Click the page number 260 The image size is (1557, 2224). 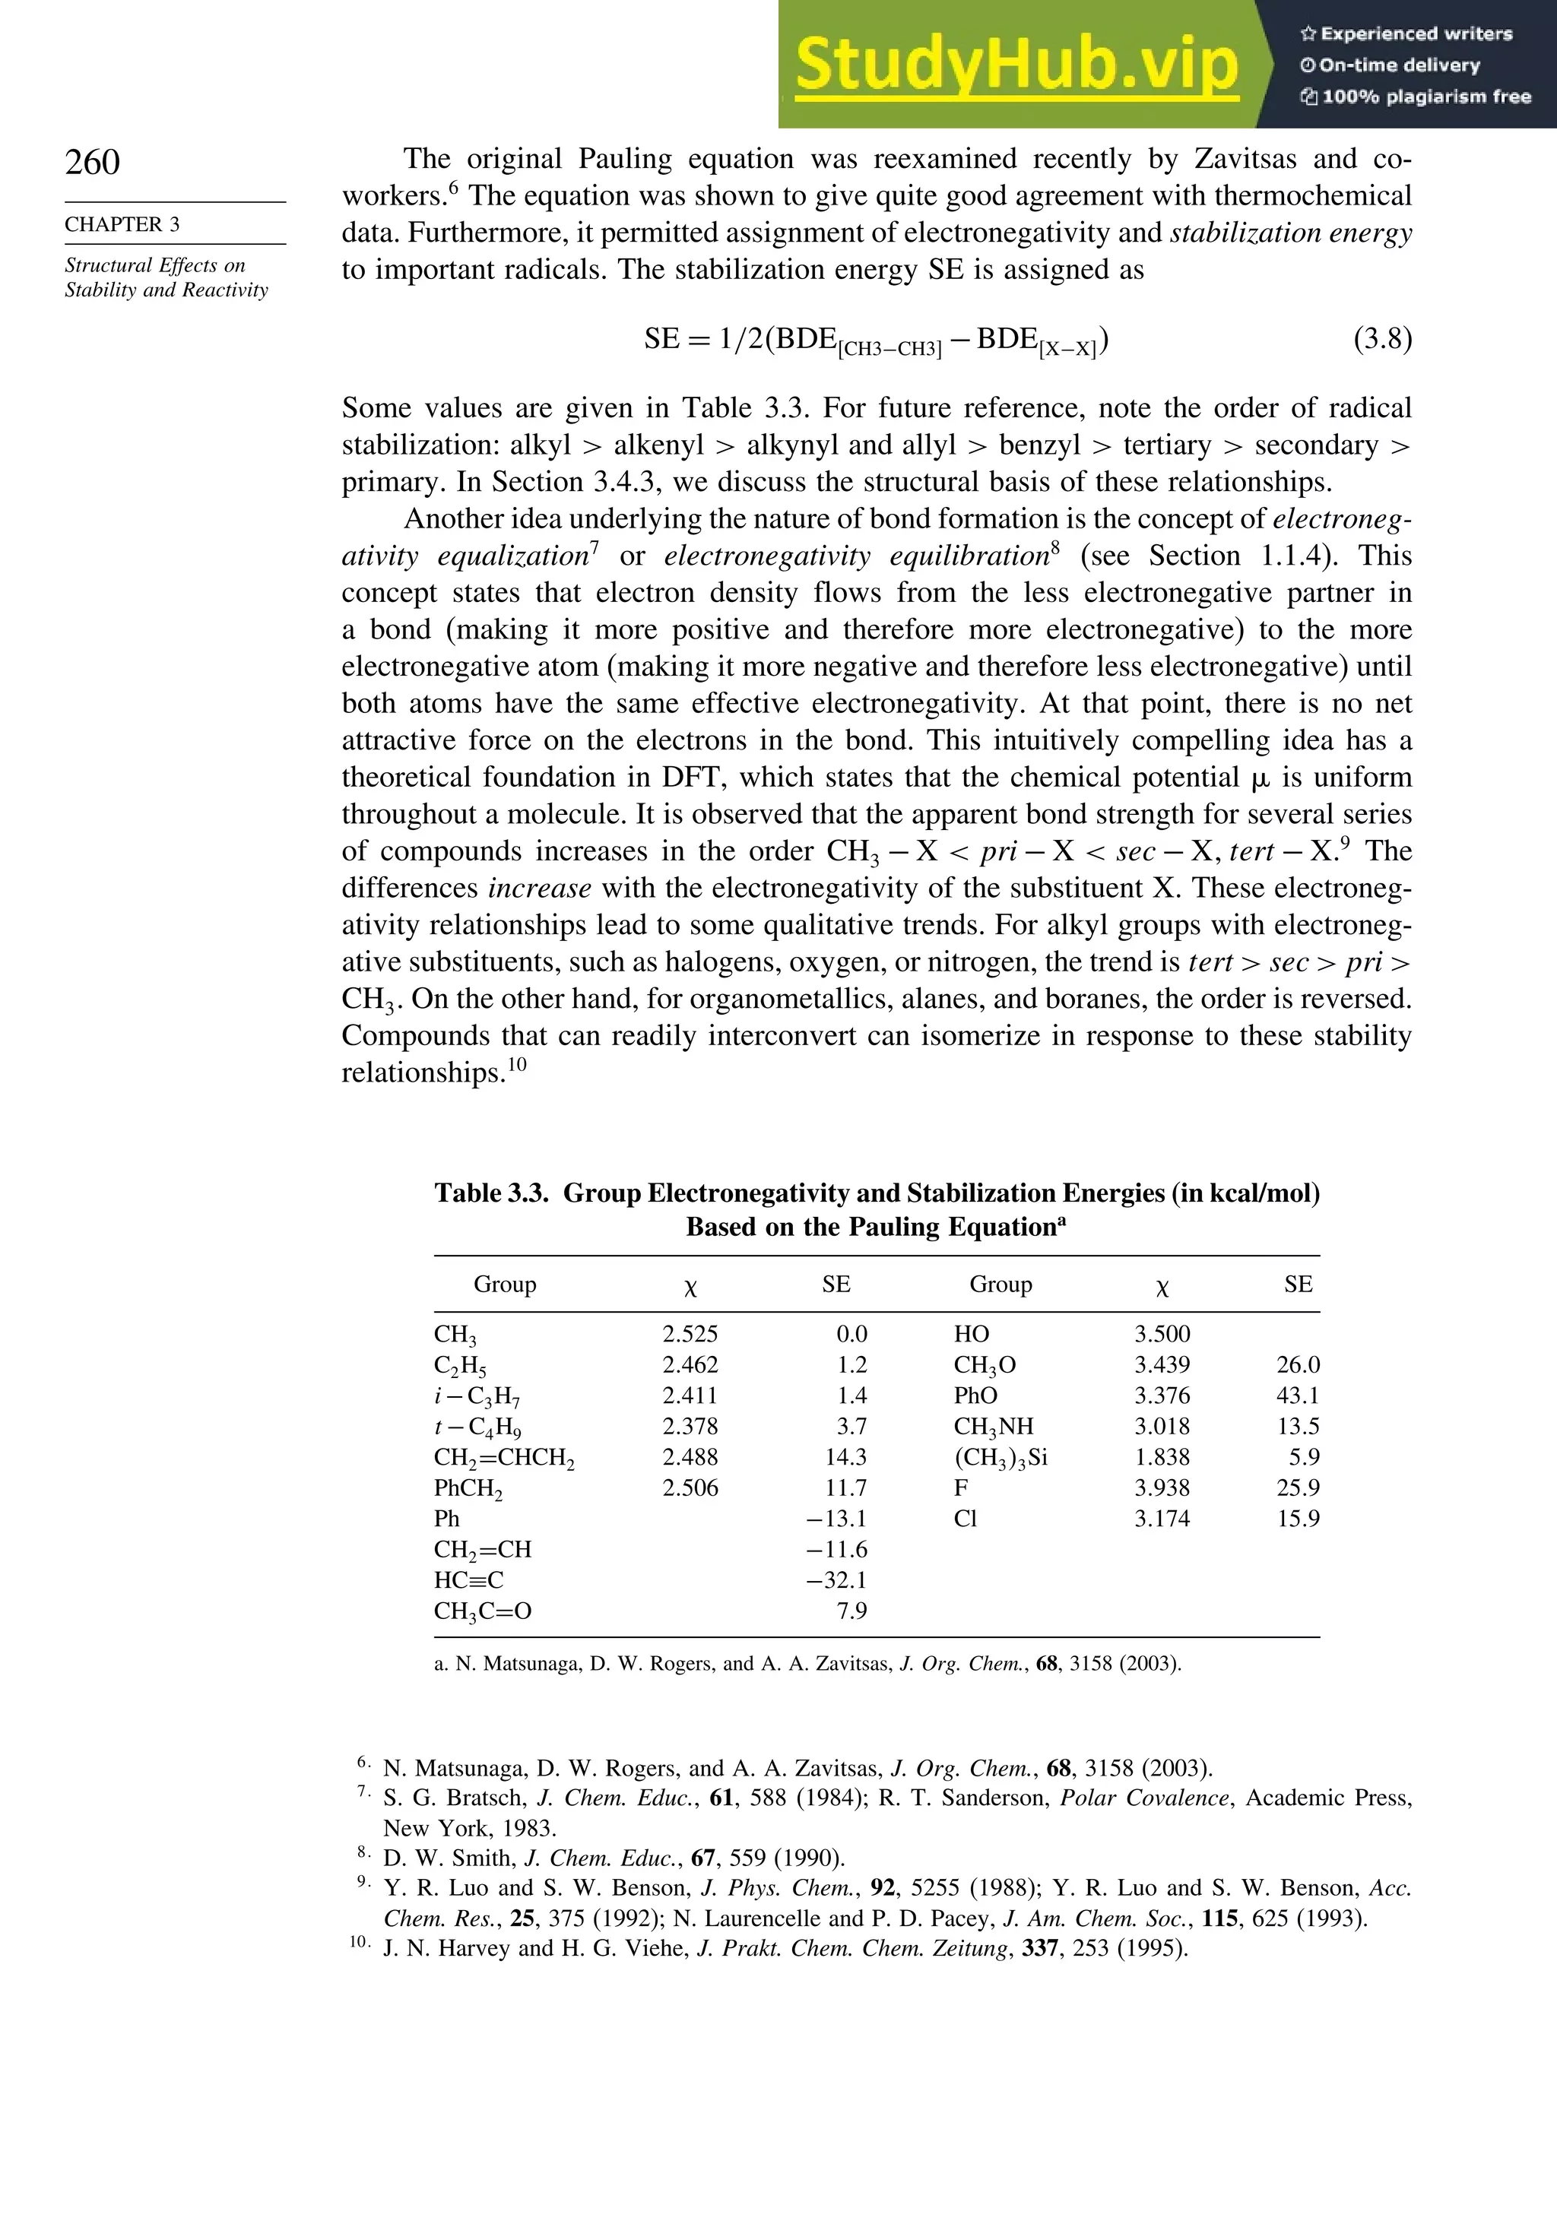tap(93, 162)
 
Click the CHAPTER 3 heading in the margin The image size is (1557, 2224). tap(122, 225)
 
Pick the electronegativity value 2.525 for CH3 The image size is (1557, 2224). tap(690, 1334)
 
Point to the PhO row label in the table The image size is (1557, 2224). tap(975, 1396)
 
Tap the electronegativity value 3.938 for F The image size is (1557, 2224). tap(1162, 1487)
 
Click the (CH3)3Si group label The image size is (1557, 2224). tap(1000, 1457)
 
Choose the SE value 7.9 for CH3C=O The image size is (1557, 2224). tap(851, 1611)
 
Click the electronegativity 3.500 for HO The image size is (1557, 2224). tap(1162, 1334)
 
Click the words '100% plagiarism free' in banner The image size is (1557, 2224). tap(1425, 97)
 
